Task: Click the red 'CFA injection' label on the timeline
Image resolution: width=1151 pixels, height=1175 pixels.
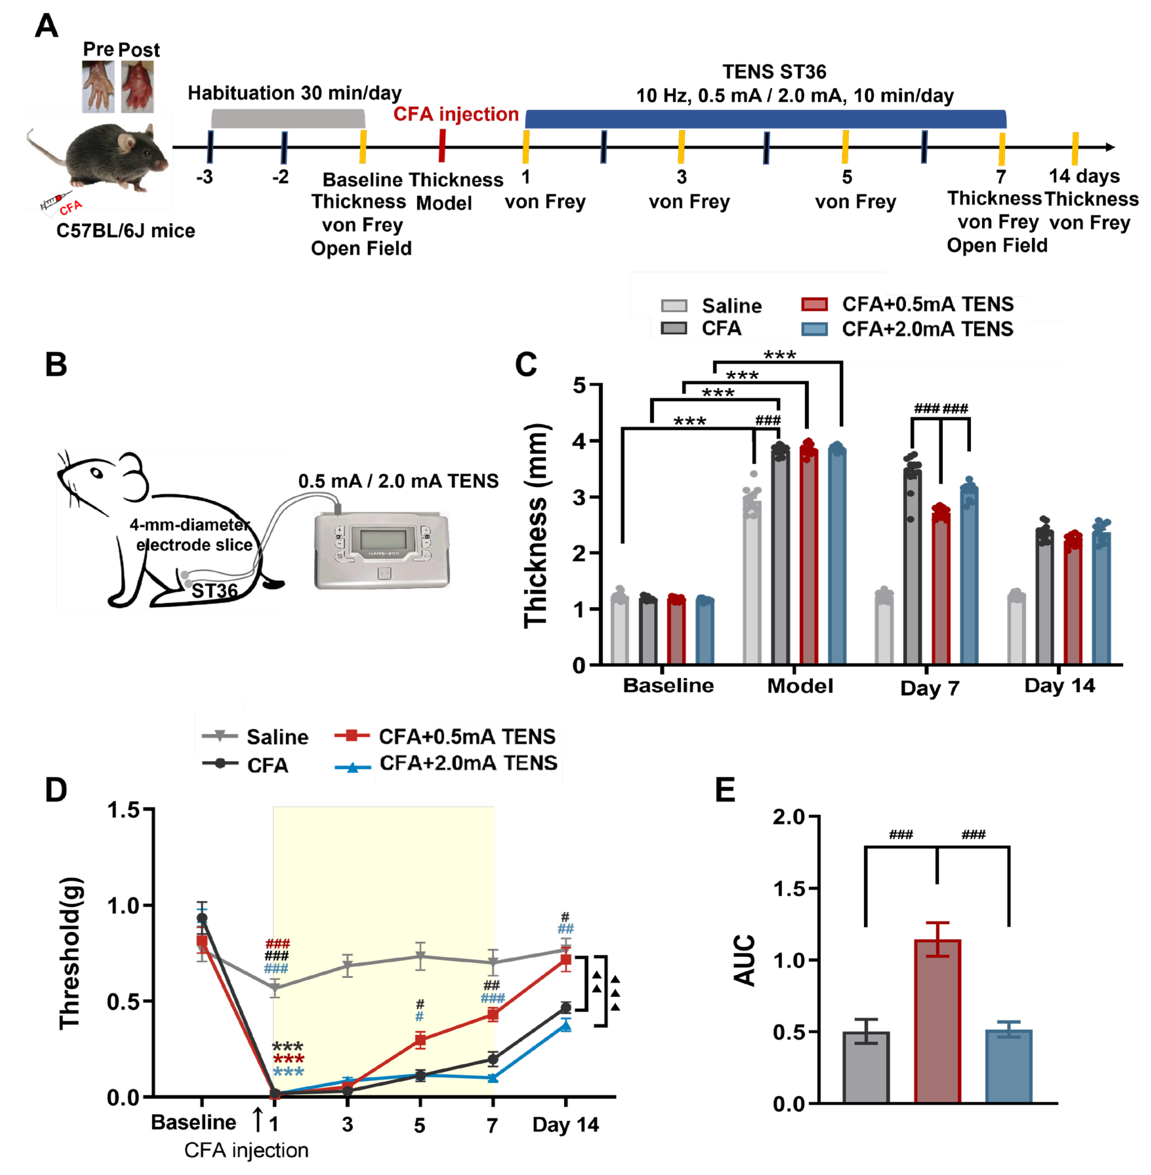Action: pos(456,114)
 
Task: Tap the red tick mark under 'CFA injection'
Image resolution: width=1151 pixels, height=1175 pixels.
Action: pos(442,147)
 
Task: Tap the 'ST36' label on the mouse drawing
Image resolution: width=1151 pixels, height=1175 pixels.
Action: pos(215,591)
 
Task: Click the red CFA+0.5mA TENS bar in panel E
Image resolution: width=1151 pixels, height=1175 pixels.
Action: pos(937,1022)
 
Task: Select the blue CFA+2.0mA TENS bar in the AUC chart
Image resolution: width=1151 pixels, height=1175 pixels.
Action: pos(1008,1067)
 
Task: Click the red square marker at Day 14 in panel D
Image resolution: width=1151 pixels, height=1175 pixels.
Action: pos(565,959)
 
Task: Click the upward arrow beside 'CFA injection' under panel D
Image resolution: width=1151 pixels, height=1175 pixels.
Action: pos(258,1119)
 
